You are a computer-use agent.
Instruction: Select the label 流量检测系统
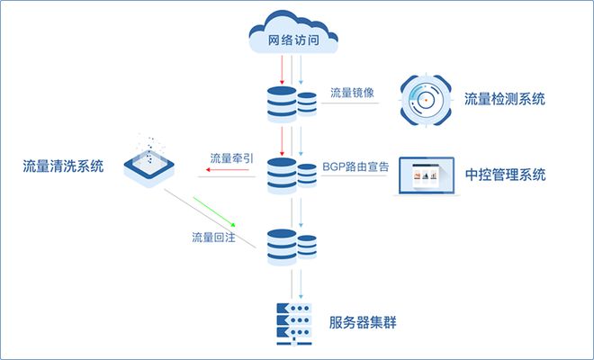click(x=505, y=99)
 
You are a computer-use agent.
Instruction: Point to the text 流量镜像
click(x=347, y=94)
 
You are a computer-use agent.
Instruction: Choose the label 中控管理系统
click(x=505, y=174)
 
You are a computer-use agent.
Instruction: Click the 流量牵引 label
click(x=231, y=158)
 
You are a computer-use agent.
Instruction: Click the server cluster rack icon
click(x=292, y=323)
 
